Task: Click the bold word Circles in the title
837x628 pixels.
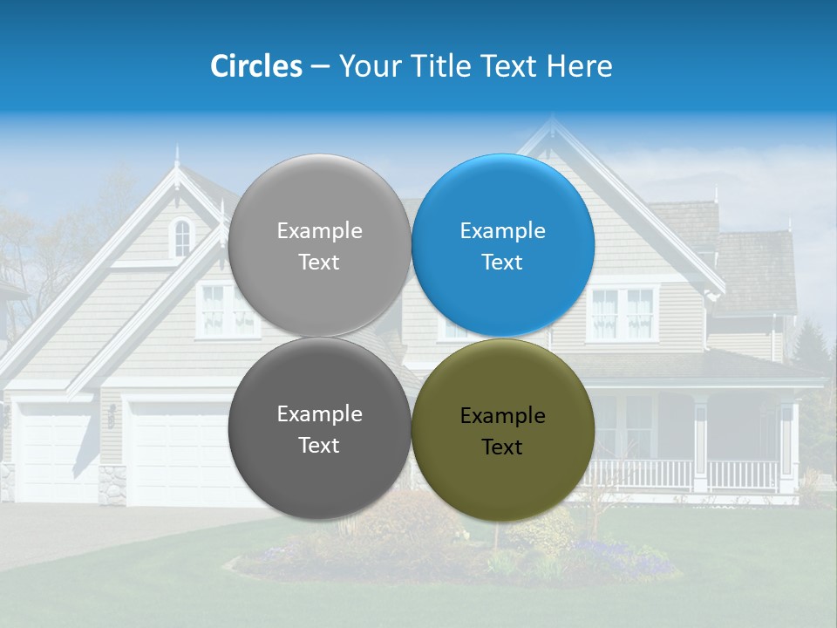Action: pyautogui.click(x=256, y=66)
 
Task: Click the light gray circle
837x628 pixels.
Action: pyautogui.click(x=319, y=209)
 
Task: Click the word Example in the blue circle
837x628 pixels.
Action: pyautogui.click(x=503, y=231)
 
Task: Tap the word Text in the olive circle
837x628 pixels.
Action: pyautogui.click(x=502, y=447)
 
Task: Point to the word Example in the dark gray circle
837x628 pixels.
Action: pyautogui.click(x=319, y=414)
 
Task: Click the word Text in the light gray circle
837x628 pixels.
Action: pyautogui.click(x=319, y=263)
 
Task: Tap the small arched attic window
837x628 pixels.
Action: pyautogui.click(x=181, y=237)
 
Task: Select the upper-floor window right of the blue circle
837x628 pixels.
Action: pyautogui.click(x=623, y=313)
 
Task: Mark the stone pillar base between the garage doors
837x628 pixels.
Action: pyautogui.click(x=112, y=485)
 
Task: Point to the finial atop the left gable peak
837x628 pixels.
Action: pyautogui.click(x=177, y=157)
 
